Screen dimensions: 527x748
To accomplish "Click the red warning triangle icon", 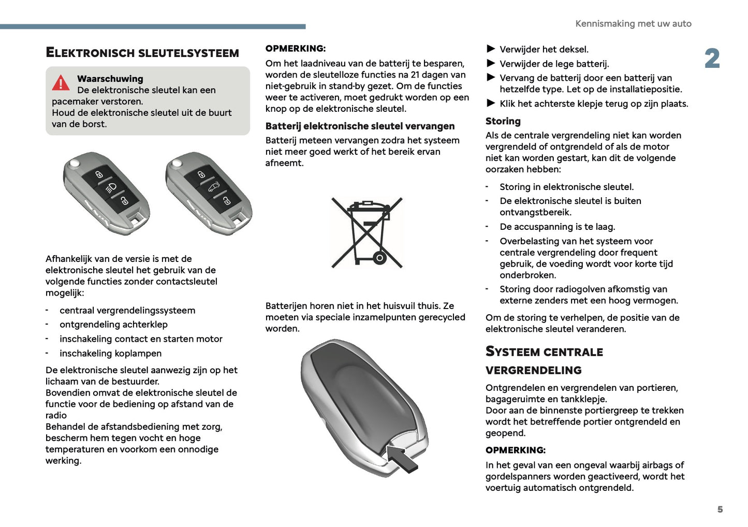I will (61, 83).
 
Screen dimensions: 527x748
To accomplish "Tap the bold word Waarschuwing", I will (110, 79).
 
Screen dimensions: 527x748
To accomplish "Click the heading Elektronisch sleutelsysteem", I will (142, 53).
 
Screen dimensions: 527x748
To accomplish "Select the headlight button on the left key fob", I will (111, 188).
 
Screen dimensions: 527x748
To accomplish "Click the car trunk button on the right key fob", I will (214, 187).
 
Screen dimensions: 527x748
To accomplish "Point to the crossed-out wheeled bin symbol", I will (367, 232).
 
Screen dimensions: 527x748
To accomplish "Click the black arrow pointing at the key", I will (402, 458).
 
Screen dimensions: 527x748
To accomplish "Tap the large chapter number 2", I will (712, 58).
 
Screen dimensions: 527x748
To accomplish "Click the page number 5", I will (720, 509).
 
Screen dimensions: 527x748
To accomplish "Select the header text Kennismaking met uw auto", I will (633, 24).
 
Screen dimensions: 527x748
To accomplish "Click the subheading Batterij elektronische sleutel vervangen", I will (360, 126).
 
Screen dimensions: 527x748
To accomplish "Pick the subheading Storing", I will (503, 121).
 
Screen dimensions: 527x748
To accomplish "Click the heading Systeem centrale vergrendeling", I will (544, 360).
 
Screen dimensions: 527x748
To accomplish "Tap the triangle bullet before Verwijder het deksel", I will (491, 49).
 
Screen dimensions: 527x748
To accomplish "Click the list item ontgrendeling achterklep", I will (113, 325).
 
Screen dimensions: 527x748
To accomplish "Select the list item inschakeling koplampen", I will (110, 354).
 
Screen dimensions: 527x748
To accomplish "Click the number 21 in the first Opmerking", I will (415, 75).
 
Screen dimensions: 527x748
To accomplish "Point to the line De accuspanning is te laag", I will (557, 227).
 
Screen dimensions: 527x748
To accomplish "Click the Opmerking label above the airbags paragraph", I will (515, 450).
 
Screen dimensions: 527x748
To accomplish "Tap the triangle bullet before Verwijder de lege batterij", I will (491, 64).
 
